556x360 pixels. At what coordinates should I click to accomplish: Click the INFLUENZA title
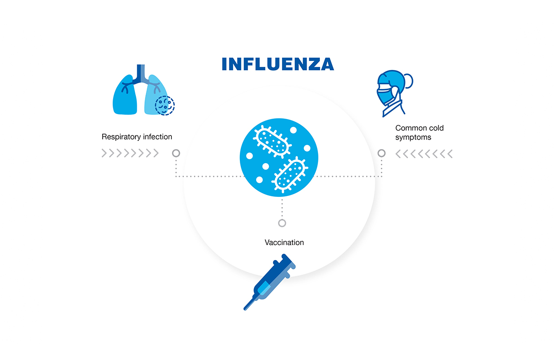pos(278,64)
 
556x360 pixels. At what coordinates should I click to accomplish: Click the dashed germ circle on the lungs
pos(164,105)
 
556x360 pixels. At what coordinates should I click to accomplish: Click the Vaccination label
pos(284,243)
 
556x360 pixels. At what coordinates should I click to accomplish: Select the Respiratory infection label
pos(137,137)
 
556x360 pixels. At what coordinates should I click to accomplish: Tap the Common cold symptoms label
pos(413,133)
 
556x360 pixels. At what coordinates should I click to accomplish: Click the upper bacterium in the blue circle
pos(273,142)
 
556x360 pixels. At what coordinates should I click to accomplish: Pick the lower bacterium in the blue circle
pos(290,175)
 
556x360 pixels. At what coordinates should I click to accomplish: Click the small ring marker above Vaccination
pos(282,223)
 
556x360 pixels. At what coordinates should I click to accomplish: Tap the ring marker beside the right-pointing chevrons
pos(176,154)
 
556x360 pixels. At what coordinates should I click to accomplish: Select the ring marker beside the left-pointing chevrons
pos(382,154)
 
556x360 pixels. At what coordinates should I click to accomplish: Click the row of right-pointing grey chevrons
pos(130,154)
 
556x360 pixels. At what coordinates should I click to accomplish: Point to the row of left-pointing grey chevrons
pos(424,154)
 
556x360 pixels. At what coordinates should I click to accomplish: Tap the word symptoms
pos(413,137)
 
